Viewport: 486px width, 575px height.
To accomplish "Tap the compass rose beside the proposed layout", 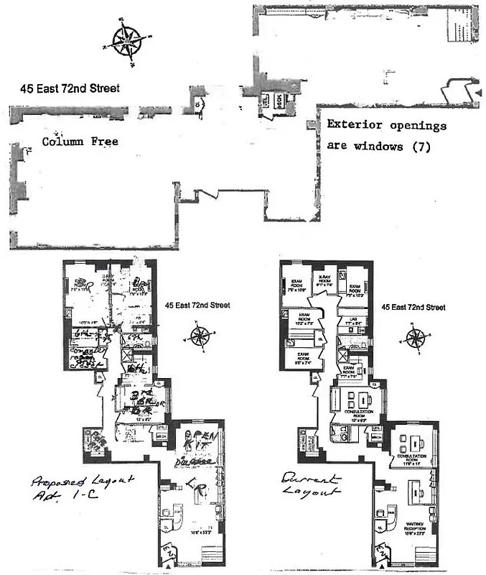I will coord(200,335).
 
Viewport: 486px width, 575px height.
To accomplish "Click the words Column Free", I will coord(80,142).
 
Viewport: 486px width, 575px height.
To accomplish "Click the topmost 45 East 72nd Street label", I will coord(70,88).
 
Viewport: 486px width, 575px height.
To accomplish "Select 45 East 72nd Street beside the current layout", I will coord(413,307).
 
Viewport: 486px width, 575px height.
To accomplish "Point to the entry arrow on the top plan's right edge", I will coord(476,94).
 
